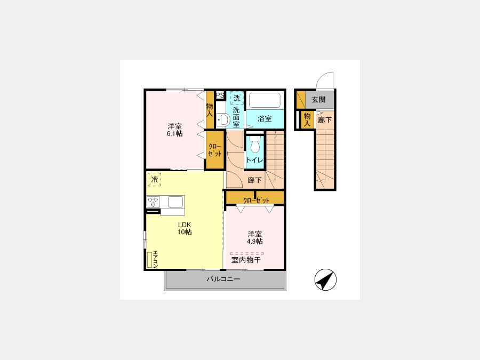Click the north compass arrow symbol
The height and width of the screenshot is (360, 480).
point(325,279)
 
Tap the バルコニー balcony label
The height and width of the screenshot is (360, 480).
point(223,279)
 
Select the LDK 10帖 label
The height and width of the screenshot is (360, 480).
point(185,228)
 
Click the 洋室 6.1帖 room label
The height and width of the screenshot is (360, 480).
point(174,130)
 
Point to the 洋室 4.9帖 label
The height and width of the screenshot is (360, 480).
point(255,237)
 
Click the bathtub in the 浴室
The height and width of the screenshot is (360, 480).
point(265,100)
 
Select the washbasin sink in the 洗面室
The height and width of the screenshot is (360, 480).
point(223,119)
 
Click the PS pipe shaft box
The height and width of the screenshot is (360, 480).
point(220,95)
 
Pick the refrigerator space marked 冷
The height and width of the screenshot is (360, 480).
point(154,179)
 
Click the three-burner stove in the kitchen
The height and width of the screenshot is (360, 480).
point(153,202)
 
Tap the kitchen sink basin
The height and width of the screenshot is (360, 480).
point(175,202)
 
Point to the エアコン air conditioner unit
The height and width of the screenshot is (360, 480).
point(150,260)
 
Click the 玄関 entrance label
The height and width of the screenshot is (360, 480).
point(319,100)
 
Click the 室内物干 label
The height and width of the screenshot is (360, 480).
point(246,260)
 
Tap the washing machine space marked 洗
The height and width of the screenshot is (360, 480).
point(237,98)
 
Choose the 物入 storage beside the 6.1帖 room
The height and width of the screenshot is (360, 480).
point(210,110)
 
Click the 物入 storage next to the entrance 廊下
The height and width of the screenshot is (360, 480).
point(307,119)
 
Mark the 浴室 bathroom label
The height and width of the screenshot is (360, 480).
point(265,118)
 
